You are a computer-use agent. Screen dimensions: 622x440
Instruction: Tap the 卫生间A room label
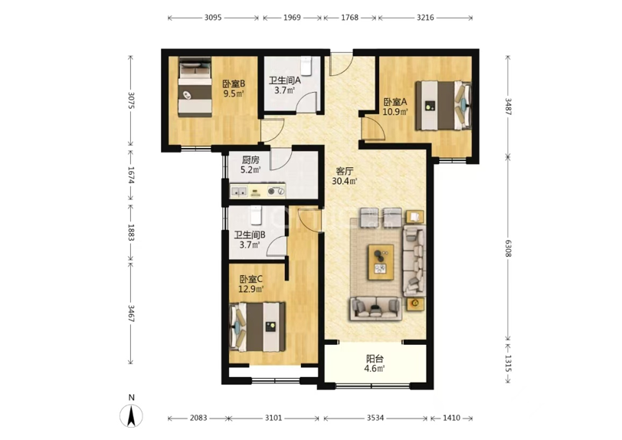point(285,80)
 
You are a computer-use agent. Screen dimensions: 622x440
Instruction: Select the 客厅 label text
point(345,172)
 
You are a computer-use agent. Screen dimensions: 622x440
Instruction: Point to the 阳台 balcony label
point(375,359)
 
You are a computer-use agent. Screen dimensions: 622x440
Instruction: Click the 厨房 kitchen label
point(250,160)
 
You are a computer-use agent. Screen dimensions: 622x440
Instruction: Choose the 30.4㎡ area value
point(345,182)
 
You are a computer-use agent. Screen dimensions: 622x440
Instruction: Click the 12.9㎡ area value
point(250,289)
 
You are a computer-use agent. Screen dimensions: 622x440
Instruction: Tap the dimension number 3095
point(213,18)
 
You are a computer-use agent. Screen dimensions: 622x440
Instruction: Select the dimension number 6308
point(508,248)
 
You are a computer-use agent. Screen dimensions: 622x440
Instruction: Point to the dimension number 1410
point(451,418)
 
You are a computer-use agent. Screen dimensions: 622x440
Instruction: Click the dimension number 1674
point(132,175)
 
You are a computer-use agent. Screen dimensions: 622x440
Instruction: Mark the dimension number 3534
point(375,418)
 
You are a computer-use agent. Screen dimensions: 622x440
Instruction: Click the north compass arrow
point(132,415)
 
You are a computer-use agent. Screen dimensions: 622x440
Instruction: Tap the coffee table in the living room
point(381,262)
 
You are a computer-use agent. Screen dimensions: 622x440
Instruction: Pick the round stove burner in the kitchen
point(272,192)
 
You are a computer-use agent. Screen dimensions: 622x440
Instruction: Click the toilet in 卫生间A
point(306,65)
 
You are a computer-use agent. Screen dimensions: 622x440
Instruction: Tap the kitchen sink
point(239,192)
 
